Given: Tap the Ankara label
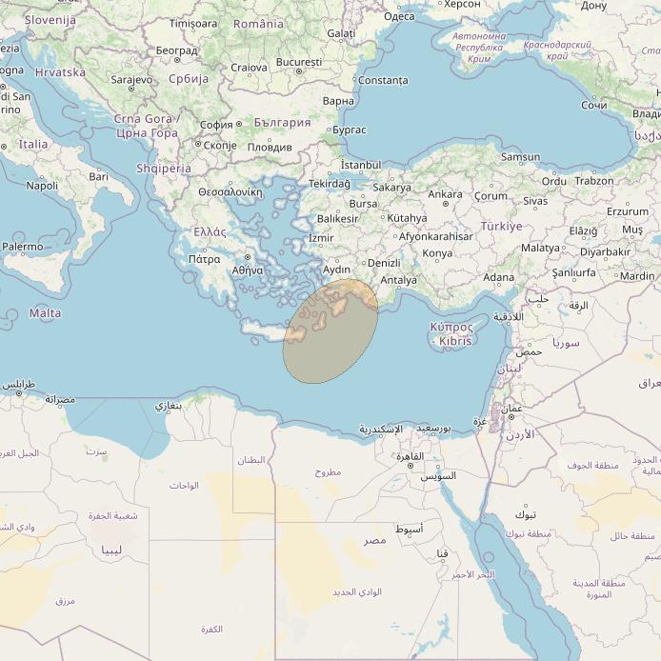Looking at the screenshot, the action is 445,194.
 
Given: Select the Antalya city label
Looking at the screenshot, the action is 398,280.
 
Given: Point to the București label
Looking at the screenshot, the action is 298,62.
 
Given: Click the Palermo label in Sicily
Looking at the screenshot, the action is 23,247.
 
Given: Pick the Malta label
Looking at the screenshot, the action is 45,313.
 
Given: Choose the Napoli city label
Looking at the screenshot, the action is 42,186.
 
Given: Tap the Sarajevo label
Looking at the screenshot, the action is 131,80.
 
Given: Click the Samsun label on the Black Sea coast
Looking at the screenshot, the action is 520,157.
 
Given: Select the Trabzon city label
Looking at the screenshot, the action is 594,181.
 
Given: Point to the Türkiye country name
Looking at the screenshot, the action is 501,227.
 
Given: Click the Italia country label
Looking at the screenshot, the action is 33,145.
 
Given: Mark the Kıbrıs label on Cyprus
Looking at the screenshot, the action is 455,341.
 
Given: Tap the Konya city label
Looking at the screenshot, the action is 437,253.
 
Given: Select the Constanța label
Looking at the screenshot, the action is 382,80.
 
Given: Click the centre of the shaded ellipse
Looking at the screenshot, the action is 330,332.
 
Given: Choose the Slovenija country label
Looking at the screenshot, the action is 50,20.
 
